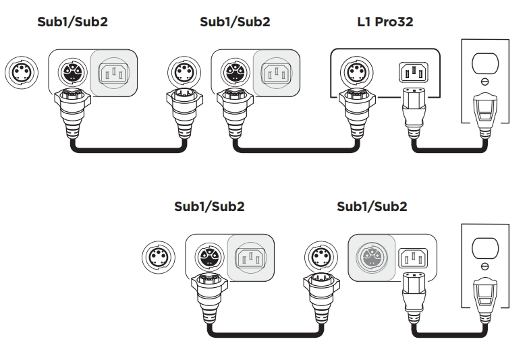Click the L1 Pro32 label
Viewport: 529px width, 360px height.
click(x=385, y=22)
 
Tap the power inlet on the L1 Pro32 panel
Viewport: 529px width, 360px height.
click(x=414, y=72)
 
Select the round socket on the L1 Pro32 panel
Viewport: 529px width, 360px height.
click(x=356, y=73)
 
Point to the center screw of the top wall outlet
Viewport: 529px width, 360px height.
click(x=484, y=81)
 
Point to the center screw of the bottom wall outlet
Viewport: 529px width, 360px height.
click(x=484, y=266)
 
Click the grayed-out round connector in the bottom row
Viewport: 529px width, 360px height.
click(x=372, y=258)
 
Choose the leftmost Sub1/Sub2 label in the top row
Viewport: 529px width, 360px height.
click(x=73, y=22)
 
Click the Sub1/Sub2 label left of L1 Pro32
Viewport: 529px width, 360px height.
click(x=235, y=22)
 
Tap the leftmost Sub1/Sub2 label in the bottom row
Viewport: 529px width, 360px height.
click(x=209, y=206)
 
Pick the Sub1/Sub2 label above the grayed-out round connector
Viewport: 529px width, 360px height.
click(x=372, y=206)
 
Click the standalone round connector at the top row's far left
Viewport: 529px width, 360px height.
click(x=22, y=73)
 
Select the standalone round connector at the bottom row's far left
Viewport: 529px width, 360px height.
click(x=159, y=258)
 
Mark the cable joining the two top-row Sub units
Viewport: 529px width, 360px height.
click(x=128, y=150)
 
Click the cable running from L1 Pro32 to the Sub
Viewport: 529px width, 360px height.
click(x=296, y=150)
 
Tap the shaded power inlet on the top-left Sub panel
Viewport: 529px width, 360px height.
click(x=113, y=73)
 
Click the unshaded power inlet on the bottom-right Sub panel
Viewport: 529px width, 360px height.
click(x=413, y=258)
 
